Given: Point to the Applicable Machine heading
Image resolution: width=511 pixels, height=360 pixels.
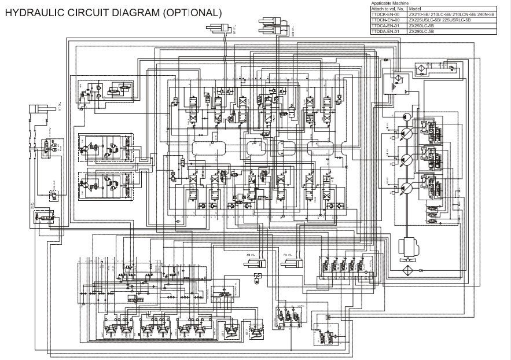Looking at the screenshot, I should (390, 3).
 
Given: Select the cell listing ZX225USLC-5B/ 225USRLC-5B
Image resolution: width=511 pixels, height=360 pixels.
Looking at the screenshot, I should (440, 20).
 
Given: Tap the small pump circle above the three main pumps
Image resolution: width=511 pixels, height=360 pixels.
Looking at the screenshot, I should (404, 117).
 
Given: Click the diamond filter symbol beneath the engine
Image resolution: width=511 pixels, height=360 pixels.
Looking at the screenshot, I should (405, 270).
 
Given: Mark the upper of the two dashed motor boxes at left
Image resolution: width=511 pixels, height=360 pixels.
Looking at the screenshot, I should (104, 149).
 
